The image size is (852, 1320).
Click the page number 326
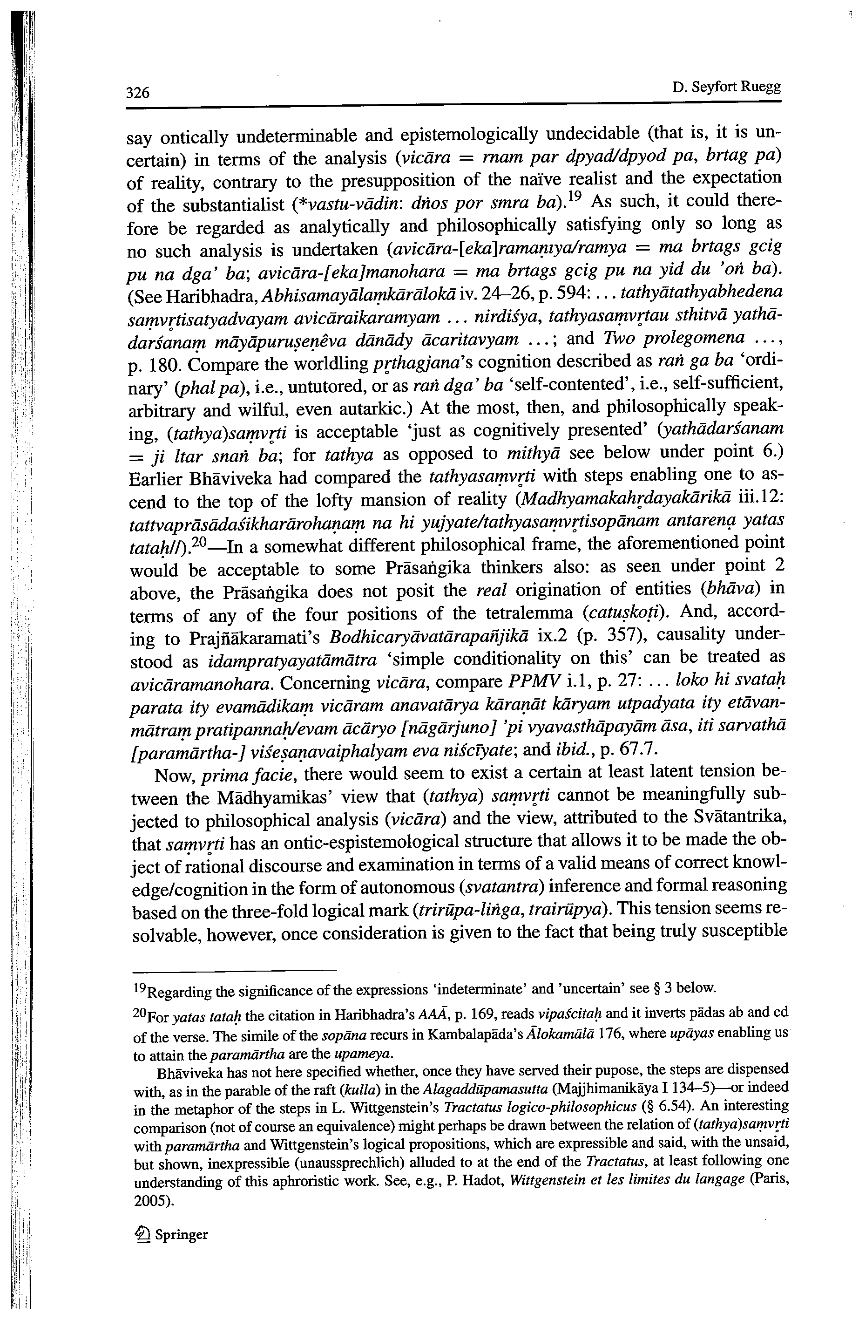point(138,92)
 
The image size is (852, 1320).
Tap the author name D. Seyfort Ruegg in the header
point(726,88)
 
